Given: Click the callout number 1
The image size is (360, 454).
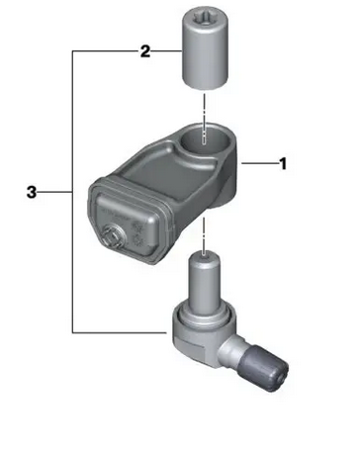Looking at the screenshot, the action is click(x=283, y=163).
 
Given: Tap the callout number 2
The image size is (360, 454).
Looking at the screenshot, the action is click(x=145, y=51).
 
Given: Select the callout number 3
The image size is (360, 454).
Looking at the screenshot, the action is click(x=32, y=192).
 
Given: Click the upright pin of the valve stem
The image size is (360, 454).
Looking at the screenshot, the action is click(x=205, y=283).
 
